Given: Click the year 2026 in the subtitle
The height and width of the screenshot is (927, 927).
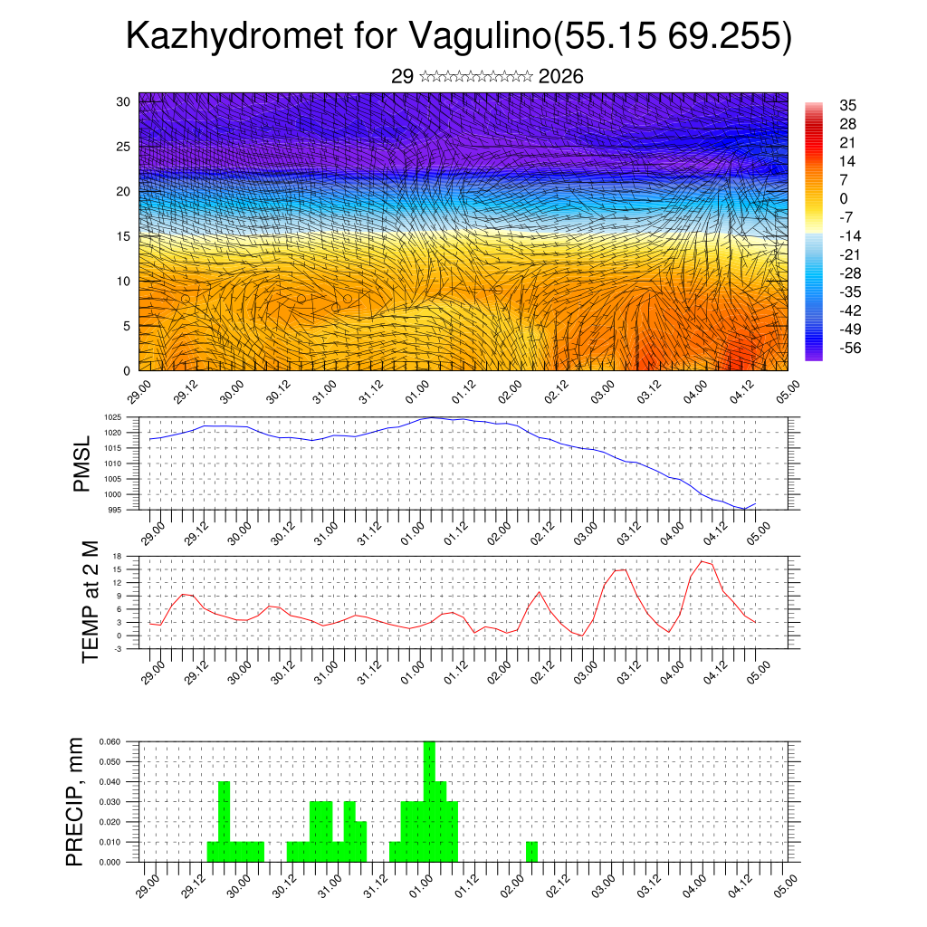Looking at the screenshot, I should [x=560, y=77].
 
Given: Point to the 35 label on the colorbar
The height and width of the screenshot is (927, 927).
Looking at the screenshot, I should [x=848, y=105].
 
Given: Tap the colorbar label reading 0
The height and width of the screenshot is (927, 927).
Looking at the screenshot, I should [x=844, y=198].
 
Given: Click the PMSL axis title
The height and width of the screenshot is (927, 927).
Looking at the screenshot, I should [x=82, y=463].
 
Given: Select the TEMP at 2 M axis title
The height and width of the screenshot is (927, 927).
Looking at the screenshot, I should [x=90, y=602].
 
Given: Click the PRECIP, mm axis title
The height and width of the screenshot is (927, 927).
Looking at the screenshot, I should [x=75, y=801].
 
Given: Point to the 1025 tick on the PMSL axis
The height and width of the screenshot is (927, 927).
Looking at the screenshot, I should [x=112, y=417].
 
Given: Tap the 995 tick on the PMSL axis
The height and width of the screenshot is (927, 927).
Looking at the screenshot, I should [x=115, y=509].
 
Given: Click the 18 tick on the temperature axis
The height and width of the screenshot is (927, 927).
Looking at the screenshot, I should [x=117, y=556].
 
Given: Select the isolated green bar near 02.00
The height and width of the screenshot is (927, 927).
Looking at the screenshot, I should [x=531, y=852].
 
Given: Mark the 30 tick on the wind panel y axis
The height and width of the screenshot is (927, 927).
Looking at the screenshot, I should [x=123, y=101].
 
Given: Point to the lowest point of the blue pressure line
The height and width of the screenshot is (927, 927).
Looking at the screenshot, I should [x=744, y=509].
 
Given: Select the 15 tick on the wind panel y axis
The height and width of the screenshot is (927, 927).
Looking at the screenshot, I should [x=123, y=236].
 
